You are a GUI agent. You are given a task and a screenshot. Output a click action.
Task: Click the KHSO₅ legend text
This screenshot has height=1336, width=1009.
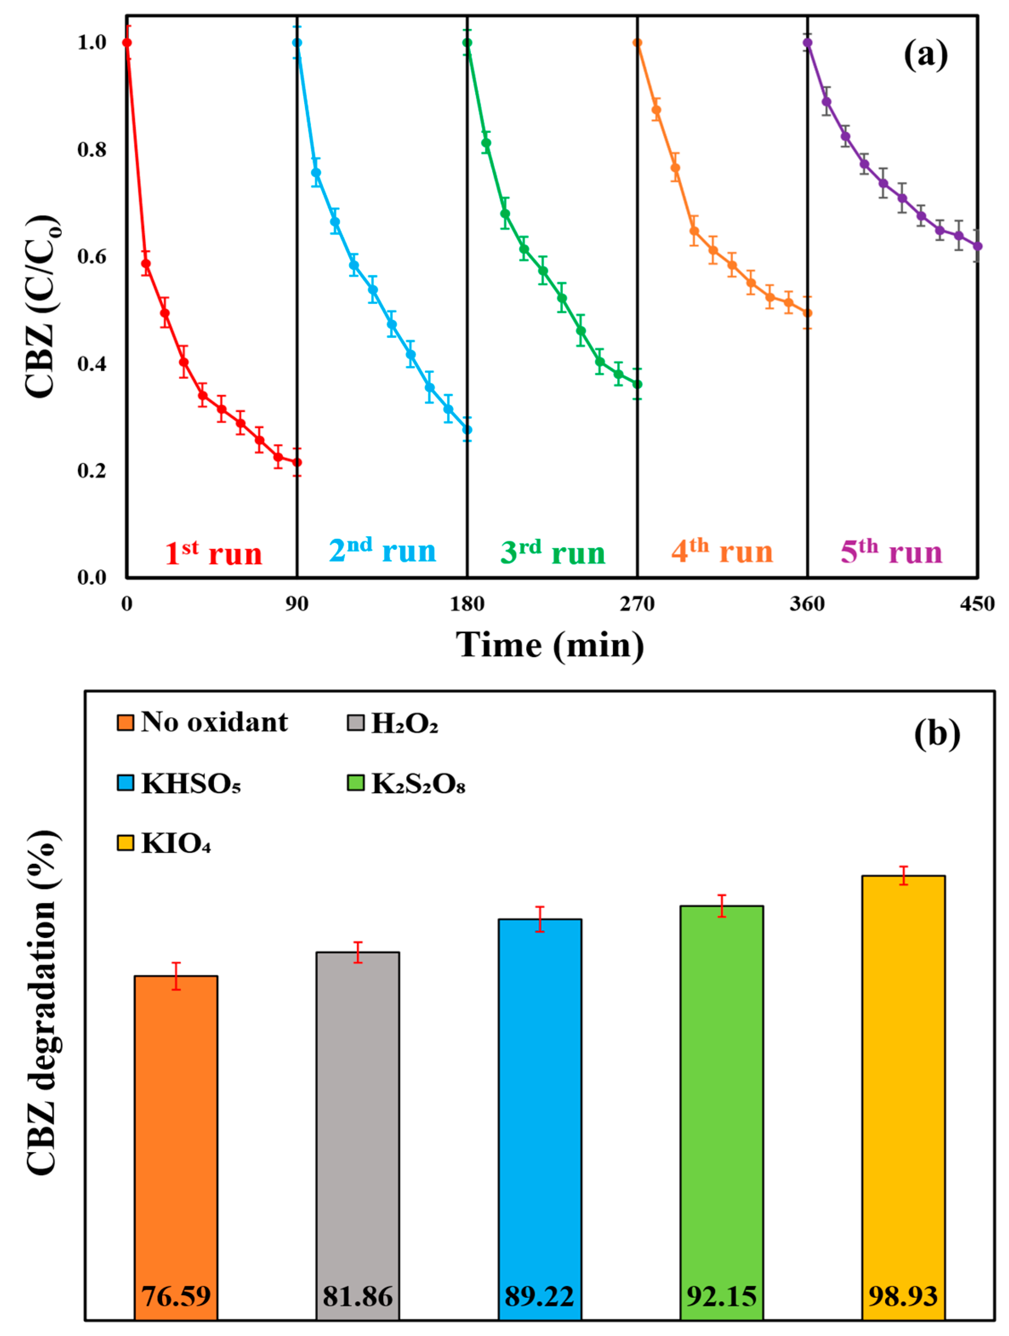(x=191, y=784)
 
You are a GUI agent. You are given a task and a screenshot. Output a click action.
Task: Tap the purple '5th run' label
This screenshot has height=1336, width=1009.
(x=891, y=551)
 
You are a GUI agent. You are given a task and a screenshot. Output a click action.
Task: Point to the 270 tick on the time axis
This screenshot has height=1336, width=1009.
(x=637, y=604)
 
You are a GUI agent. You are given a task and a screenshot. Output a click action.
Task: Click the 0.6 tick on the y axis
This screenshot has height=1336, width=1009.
(x=92, y=256)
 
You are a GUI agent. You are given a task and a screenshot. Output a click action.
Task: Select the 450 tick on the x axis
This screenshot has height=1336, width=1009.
(x=976, y=604)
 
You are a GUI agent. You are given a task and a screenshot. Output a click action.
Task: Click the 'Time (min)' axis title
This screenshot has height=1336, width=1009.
(x=549, y=645)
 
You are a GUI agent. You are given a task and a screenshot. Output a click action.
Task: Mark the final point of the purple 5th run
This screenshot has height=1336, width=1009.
(x=977, y=246)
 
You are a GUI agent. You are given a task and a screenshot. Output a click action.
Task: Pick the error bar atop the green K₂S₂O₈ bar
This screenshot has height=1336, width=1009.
(x=721, y=906)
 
